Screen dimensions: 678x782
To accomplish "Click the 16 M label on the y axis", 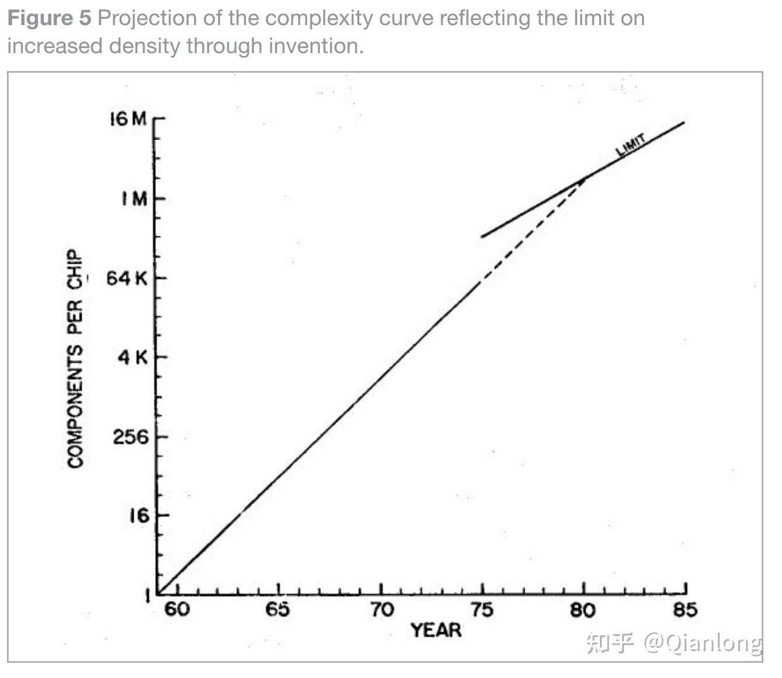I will pyautogui.click(x=128, y=119).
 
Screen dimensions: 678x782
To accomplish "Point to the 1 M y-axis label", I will pyautogui.click(x=135, y=199).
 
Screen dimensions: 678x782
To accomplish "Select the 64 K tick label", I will pyautogui.click(x=127, y=278).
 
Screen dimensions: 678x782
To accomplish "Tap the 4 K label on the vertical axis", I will pyautogui.click(x=133, y=357).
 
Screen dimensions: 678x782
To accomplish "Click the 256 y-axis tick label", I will pyautogui.click(x=131, y=436).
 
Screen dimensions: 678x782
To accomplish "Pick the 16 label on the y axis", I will pyautogui.click(x=139, y=516).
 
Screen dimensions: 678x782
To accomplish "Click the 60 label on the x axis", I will pyautogui.click(x=177, y=610).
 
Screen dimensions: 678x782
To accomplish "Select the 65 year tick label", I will pyautogui.click(x=278, y=610).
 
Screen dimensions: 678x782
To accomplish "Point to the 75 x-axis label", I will pyautogui.click(x=482, y=610).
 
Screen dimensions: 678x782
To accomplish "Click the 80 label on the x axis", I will pyautogui.click(x=583, y=610).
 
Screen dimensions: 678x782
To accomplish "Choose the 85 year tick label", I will pyautogui.click(x=685, y=610).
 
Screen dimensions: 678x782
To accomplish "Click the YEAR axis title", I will pyautogui.click(x=436, y=630).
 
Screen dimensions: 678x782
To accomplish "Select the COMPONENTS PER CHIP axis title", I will pyautogui.click(x=75, y=359).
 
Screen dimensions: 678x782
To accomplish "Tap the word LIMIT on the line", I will pyautogui.click(x=631, y=145).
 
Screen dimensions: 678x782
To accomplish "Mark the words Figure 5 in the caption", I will pyautogui.click(x=50, y=18).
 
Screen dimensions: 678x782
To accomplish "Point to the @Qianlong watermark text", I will pyautogui.click(x=703, y=643).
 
